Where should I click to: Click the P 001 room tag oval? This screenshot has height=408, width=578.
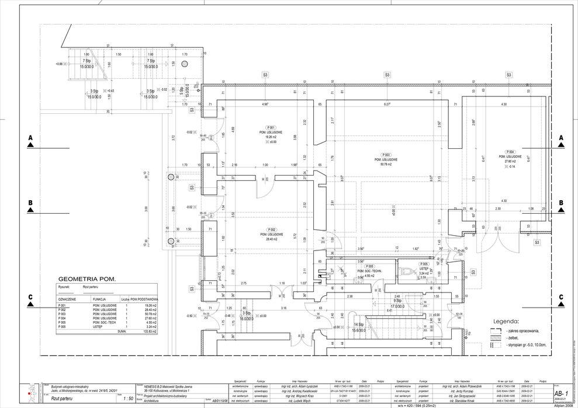click(271, 127)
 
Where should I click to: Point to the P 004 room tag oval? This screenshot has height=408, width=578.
click(510, 152)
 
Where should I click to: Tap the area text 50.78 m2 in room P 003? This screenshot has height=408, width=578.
click(386, 165)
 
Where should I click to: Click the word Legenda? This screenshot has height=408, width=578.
click(506, 321)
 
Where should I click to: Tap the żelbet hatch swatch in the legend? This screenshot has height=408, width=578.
click(496, 338)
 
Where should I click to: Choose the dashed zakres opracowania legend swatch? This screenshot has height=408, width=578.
click(496, 331)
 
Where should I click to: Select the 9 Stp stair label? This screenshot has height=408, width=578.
click(397, 301)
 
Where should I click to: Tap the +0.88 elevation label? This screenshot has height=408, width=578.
click(60, 64)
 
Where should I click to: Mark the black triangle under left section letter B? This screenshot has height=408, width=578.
click(30, 210)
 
